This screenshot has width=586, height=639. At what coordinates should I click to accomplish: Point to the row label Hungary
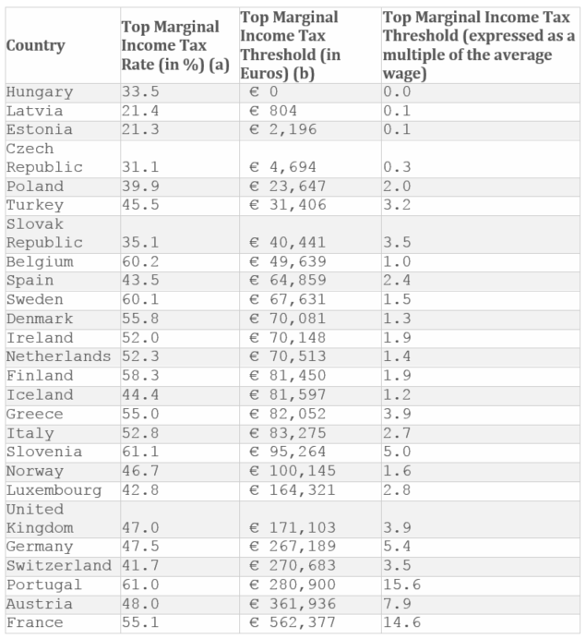point(39,91)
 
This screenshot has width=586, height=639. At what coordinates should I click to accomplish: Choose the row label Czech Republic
point(44,158)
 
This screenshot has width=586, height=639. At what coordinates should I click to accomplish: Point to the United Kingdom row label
point(44,519)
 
